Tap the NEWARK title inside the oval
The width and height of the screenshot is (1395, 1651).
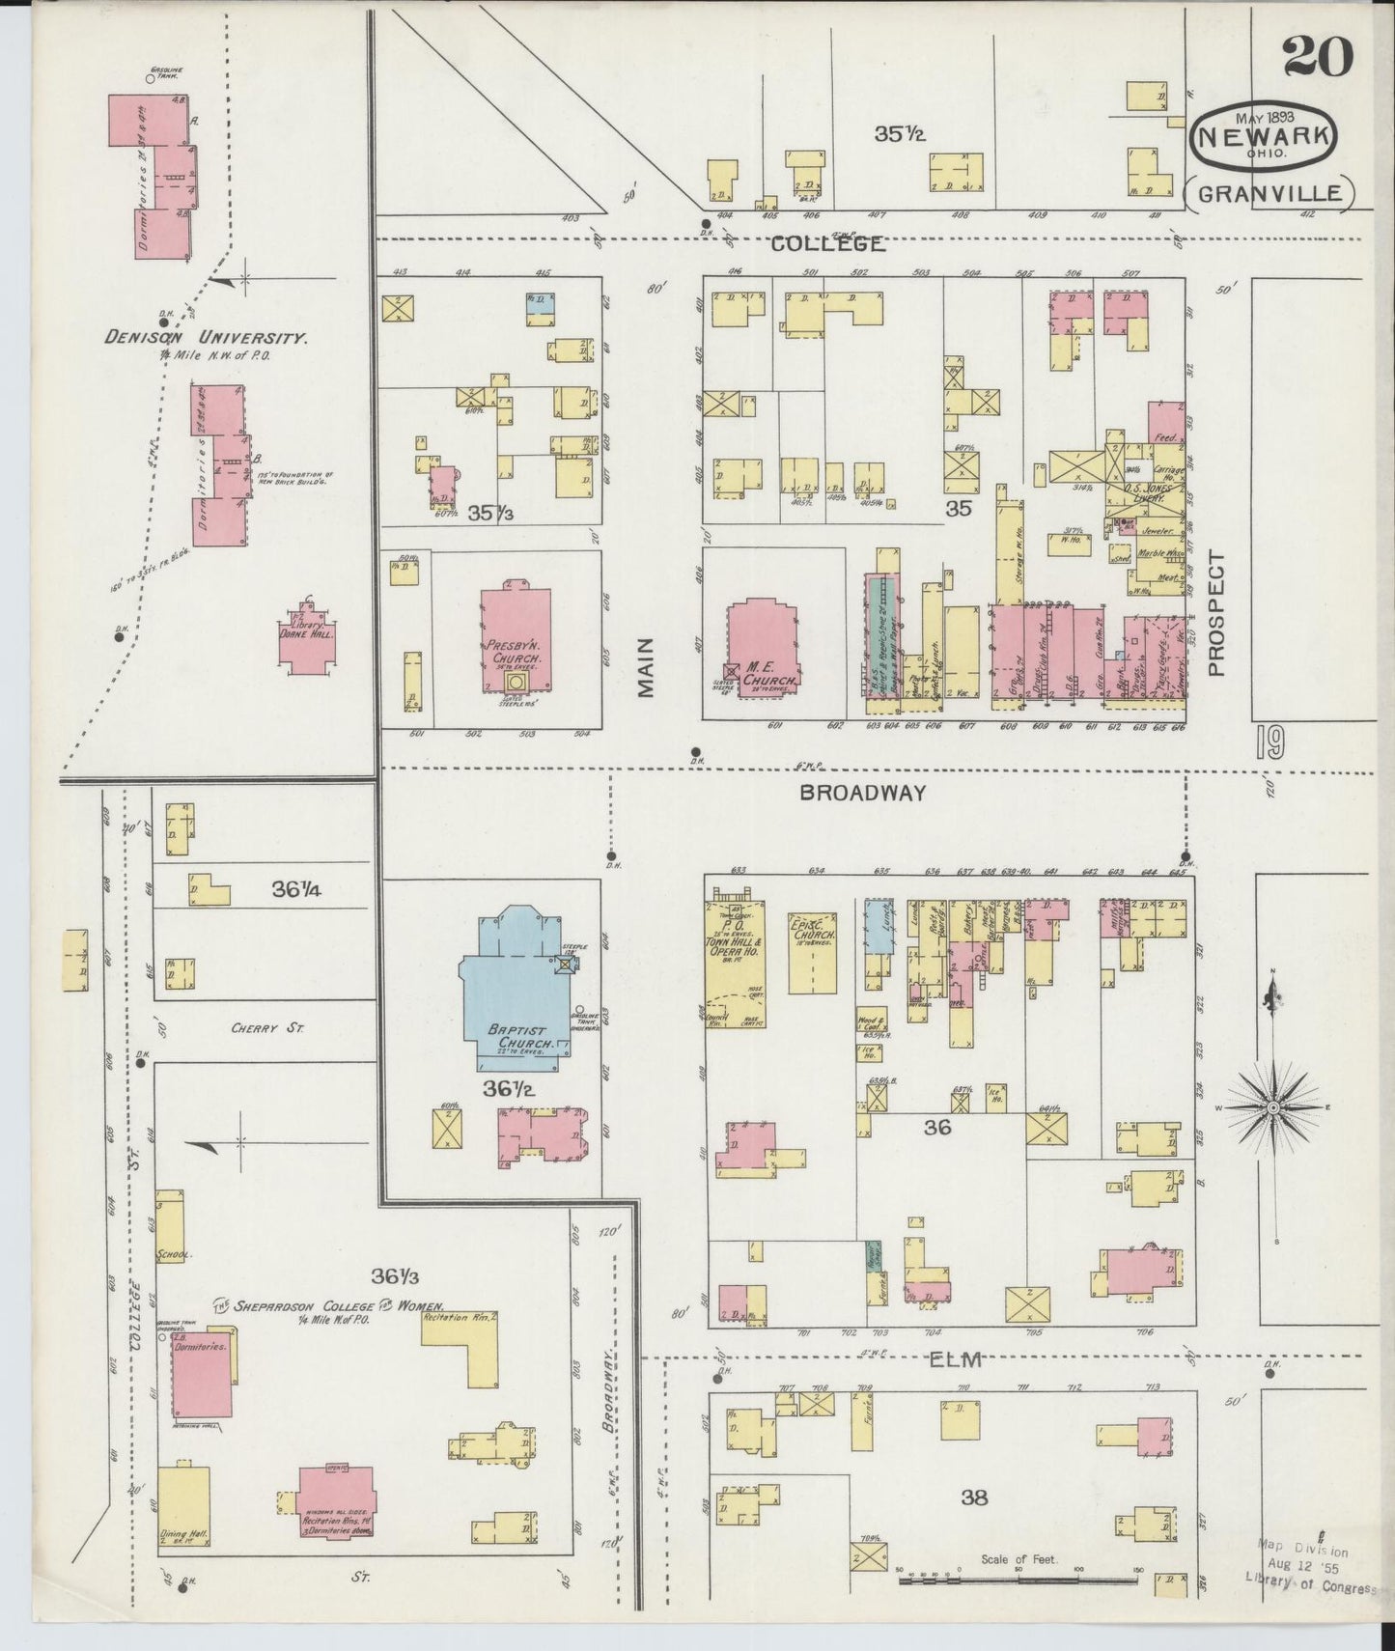pos(1265,136)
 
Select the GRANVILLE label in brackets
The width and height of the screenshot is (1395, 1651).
pos(1269,192)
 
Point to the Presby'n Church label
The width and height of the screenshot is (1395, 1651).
pos(514,644)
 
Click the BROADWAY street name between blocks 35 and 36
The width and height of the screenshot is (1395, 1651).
pos(862,793)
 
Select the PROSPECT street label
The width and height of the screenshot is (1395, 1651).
pos(1215,614)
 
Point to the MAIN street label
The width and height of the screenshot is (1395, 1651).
pos(645,667)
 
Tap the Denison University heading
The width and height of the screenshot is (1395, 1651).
pos(207,339)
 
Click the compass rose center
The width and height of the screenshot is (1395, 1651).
pos(1272,1105)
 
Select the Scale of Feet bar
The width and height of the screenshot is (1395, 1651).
pos(1018,1581)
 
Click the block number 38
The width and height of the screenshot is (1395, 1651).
pos(974,1497)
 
